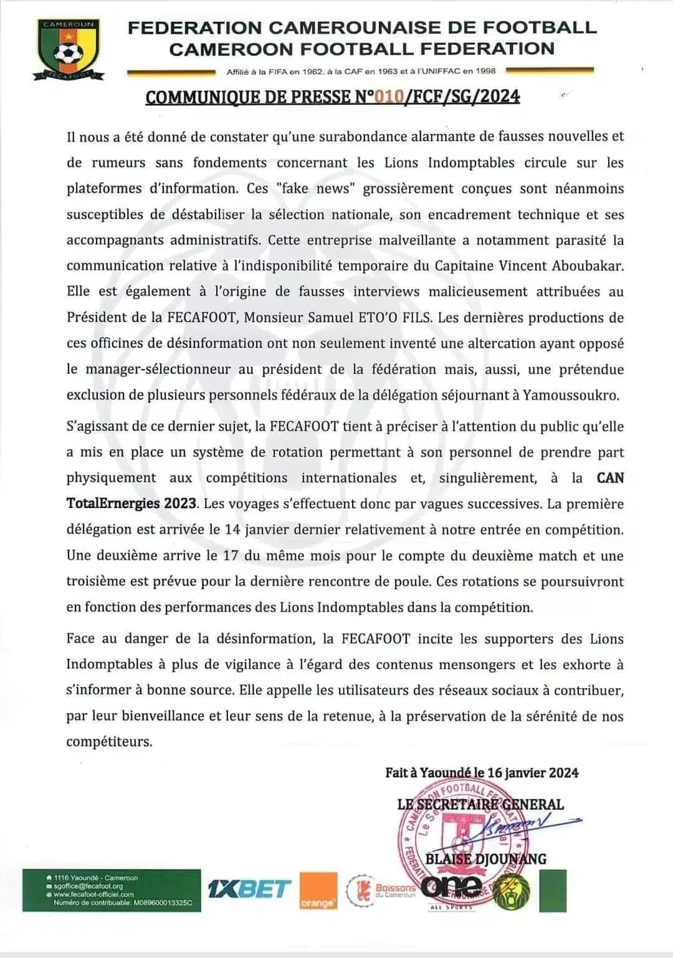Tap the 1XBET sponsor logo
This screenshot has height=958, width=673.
coord(249,889)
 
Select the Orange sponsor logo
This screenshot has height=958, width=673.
coord(318,891)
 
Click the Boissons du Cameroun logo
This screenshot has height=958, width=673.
coord(381,889)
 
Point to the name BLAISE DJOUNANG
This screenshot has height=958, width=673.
coord(485,859)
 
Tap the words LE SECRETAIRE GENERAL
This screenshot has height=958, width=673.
coord(480,805)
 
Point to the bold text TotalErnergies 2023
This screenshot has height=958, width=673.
coord(132,504)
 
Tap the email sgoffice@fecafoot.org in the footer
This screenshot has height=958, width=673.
coord(88,886)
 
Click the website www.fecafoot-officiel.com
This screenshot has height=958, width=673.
coord(94,894)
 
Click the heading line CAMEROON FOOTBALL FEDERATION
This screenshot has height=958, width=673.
coord(361,49)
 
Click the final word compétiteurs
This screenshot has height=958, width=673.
coord(109,742)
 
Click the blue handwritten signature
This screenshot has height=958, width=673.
coord(523,825)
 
